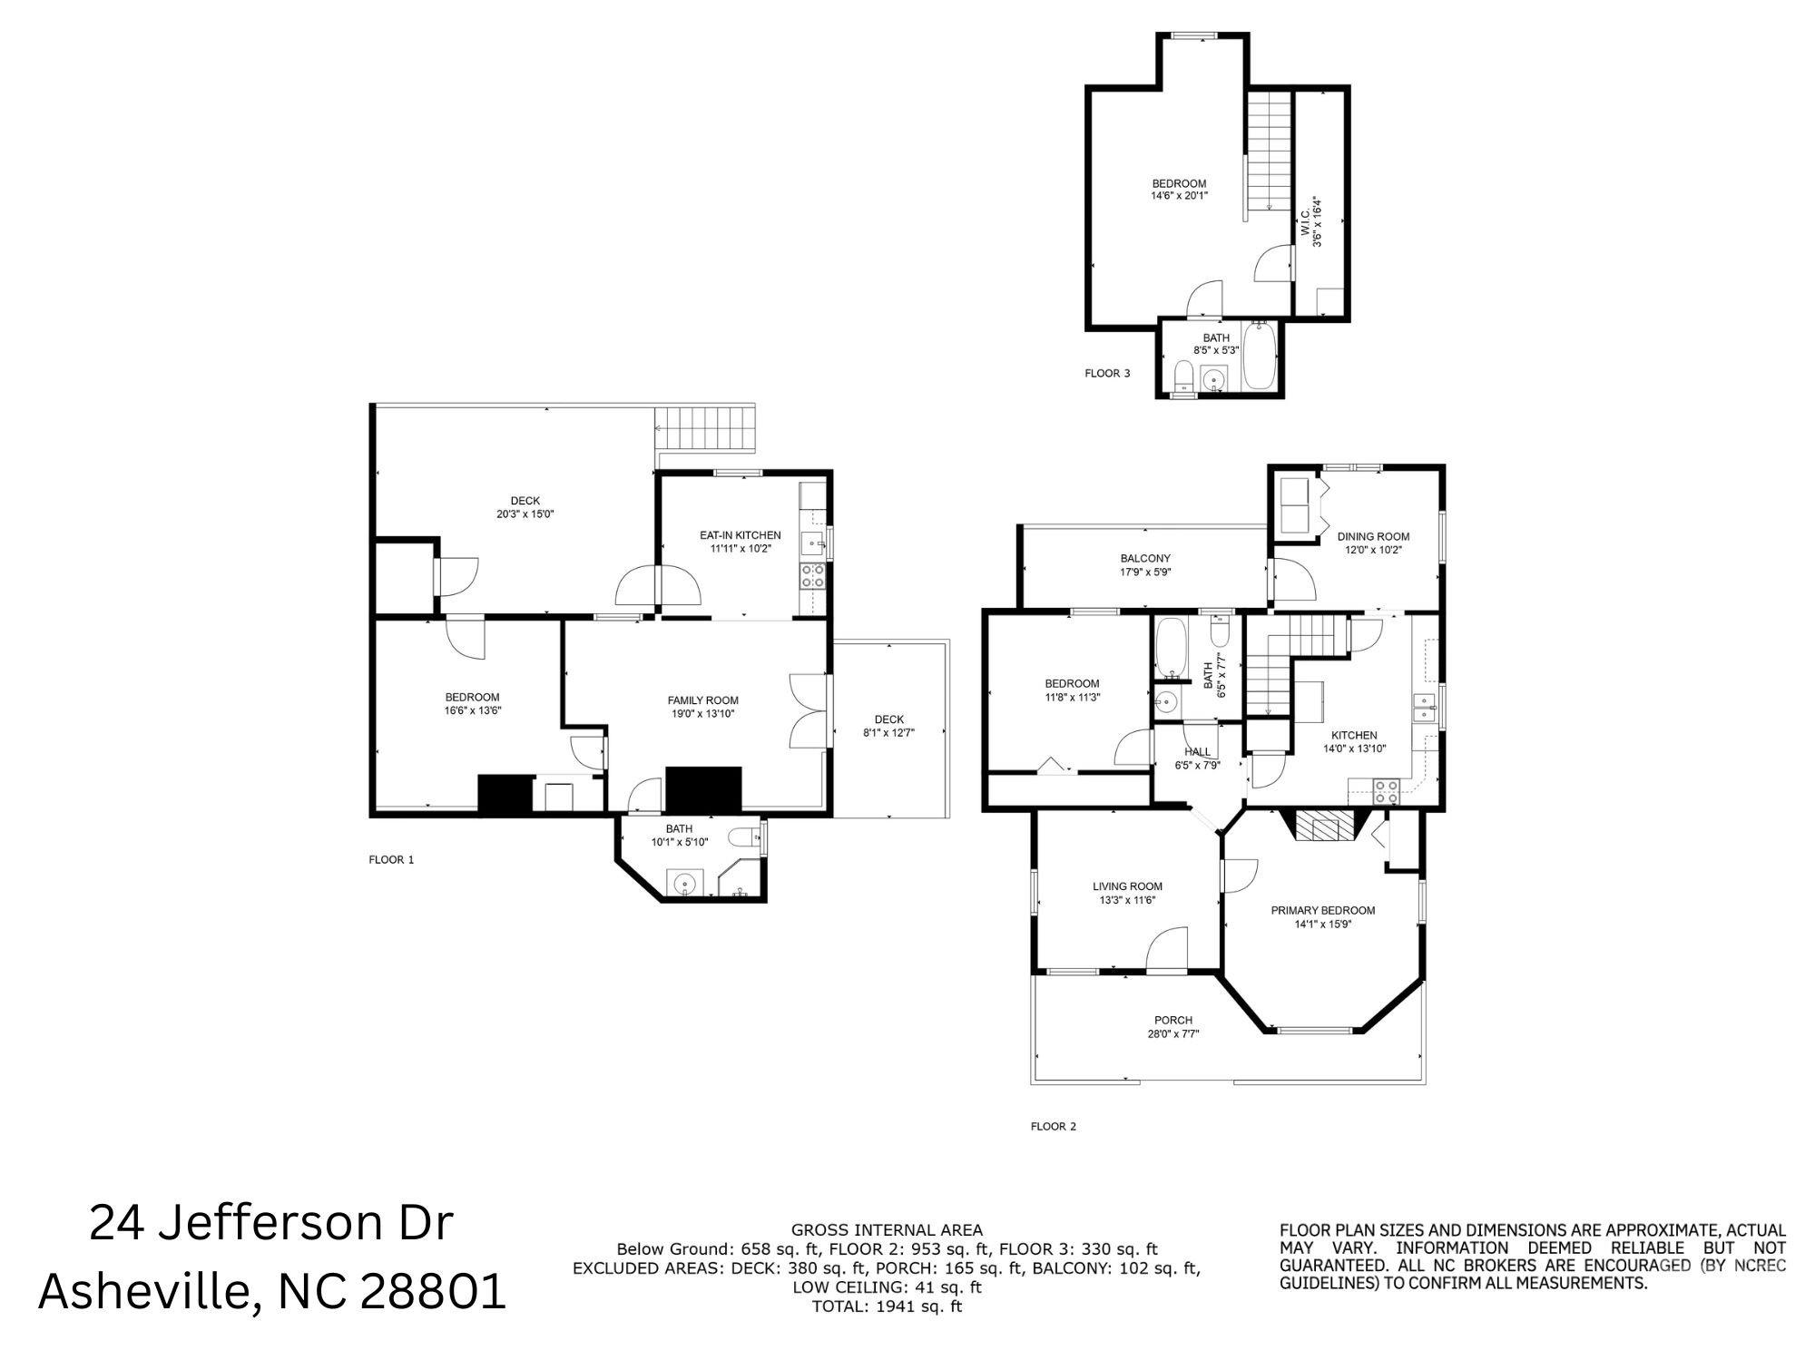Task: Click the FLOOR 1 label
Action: (x=391, y=859)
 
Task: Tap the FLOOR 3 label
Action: (x=1107, y=373)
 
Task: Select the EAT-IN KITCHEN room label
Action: (x=740, y=535)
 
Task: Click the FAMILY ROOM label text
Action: (x=702, y=700)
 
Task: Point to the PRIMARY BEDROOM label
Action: (x=1322, y=911)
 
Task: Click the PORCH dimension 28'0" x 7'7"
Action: (x=1172, y=1033)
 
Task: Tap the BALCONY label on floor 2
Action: (x=1144, y=559)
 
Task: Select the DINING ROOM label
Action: (x=1373, y=536)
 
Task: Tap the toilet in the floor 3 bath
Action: (x=1183, y=376)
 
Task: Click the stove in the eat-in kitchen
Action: (x=812, y=575)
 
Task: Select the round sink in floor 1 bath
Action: (x=682, y=882)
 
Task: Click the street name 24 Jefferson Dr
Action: (x=270, y=1223)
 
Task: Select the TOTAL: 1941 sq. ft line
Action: (x=887, y=1306)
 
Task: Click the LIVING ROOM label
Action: (x=1127, y=886)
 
